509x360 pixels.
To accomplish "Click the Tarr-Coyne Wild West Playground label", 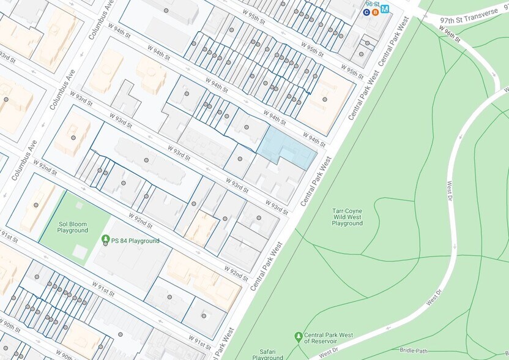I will [x=347, y=217].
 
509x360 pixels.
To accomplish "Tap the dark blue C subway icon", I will [x=366, y=12].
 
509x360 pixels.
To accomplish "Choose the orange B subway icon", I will [x=375, y=12].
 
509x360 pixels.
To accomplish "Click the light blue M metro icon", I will [x=385, y=9].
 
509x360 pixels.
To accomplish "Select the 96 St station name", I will [x=373, y=4].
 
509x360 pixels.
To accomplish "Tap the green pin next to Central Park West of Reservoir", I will [x=299, y=336].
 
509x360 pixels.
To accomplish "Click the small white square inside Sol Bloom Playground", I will [x=80, y=252].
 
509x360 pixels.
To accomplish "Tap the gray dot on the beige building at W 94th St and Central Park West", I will [x=324, y=99].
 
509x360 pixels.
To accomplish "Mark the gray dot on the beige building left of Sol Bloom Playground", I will [x=36, y=205].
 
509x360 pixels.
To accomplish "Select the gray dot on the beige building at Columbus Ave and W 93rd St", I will [x=73, y=138].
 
